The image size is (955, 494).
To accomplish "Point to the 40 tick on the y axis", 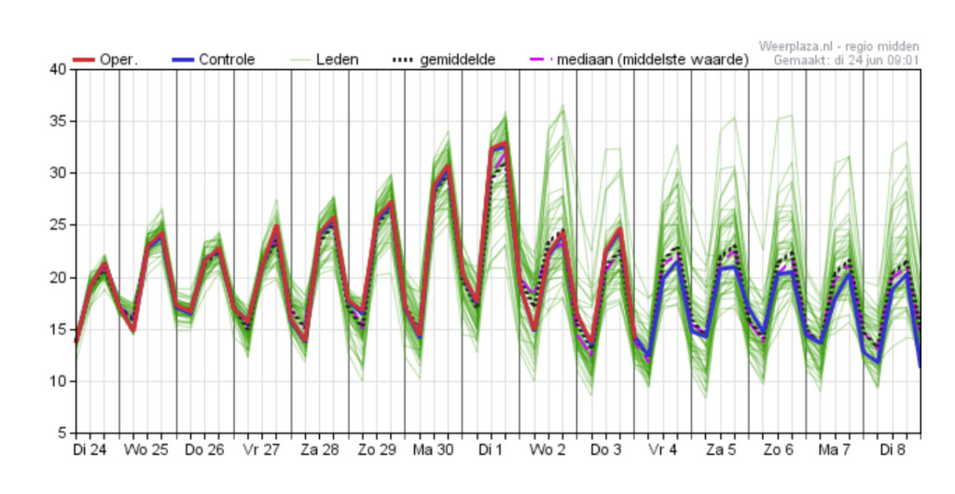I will coord(58,70).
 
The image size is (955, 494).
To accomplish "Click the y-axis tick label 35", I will coord(58,121).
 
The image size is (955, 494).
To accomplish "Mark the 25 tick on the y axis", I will coord(58,226).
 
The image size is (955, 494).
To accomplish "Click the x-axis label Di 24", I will coord(90,450).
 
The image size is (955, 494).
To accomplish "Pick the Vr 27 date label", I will coord(262,450).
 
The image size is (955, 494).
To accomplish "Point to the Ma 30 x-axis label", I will coord(433,450).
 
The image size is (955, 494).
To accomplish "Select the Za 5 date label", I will coord(720,450).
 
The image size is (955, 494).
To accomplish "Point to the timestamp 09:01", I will coord(903,61).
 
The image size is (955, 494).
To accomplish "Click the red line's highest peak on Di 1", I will coord(505,143).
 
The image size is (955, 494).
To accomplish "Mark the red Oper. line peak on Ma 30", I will coord(448,166).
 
